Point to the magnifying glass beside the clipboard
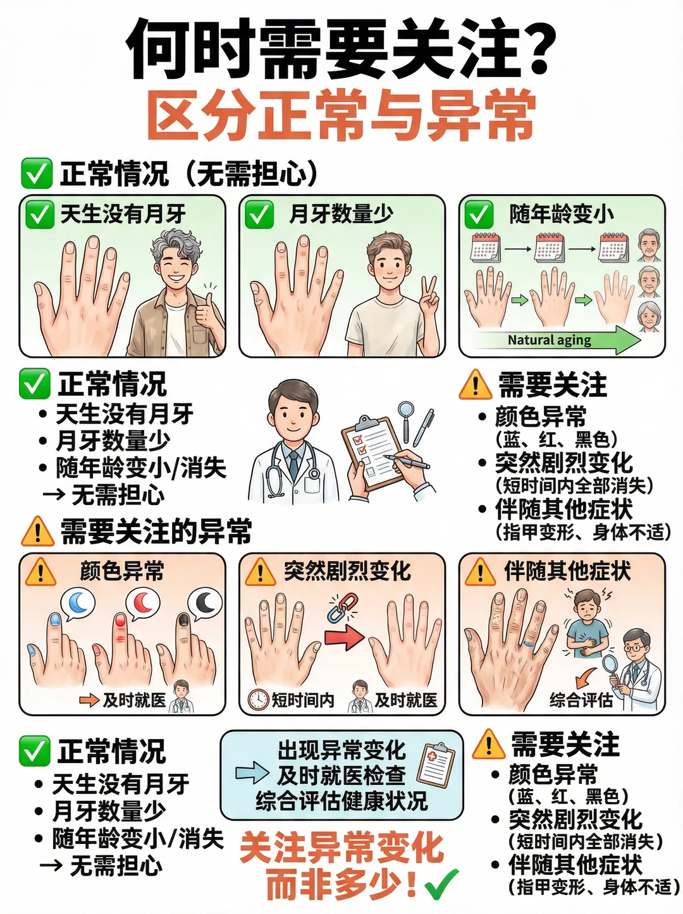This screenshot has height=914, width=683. tap(405, 420)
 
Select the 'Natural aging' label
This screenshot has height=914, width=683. tap(549, 340)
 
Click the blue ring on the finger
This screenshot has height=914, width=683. tap(527, 644)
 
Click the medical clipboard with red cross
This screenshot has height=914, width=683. tap(436, 767)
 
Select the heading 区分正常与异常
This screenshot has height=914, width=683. tap(341, 116)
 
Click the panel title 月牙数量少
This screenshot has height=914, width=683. tap(341, 214)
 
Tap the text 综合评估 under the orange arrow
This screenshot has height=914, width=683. tap(581, 700)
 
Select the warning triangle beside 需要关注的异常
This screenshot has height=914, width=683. tap(37, 532)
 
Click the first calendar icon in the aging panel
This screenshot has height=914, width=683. tap(485, 247)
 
